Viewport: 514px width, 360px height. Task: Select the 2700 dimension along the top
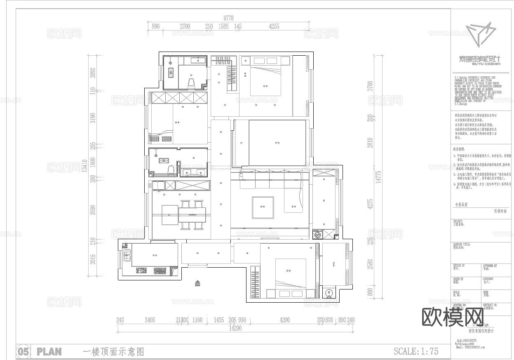tap(185, 26)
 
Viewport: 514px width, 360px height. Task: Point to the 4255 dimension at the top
tap(274, 26)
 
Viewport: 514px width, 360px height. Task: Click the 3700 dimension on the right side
tap(370, 86)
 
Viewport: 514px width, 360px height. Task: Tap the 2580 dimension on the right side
tap(370, 264)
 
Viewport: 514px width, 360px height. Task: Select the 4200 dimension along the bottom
tap(284, 320)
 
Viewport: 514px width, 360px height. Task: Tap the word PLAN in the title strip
tap(49, 352)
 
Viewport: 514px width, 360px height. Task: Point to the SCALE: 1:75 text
tap(416, 351)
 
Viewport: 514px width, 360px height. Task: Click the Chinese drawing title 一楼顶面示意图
tap(113, 352)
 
